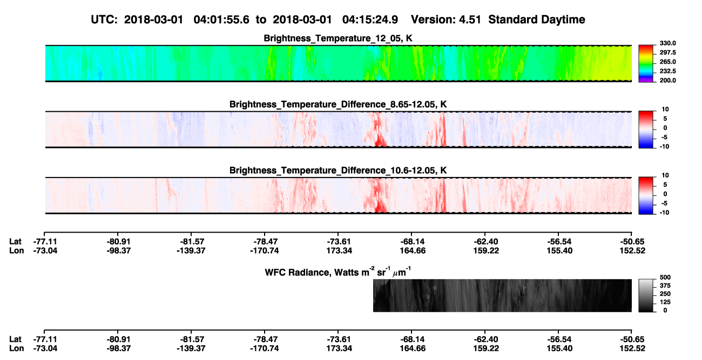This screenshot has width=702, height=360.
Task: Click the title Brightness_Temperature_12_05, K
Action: pyautogui.click(x=338, y=38)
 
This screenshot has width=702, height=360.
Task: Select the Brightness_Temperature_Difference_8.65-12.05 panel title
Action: pyautogui.click(x=338, y=104)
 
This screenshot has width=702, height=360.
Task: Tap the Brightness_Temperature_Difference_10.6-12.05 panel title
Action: pyautogui.click(x=338, y=171)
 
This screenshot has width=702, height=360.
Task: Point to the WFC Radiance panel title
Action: pyautogui.click(x=338, y=271)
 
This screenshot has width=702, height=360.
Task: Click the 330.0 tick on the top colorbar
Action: pyautogui.click(x=667, y=43)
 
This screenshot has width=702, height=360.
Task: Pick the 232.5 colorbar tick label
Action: pyautogui.click(x=667, y=71)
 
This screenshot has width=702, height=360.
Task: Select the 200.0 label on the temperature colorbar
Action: pyautogui.click(x=667, y=80)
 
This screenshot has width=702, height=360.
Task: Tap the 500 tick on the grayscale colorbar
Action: pyautogui.click(x=665, y=277)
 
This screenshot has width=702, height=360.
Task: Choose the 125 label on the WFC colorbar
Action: pyautogui.click(x=665, y=302)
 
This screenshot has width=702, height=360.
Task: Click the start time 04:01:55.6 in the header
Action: pyautogui.click(x=221, y=20)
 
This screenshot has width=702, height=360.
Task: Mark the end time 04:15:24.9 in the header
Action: pyautogui.click(x=370, y=20)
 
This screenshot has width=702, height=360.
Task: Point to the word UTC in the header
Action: pyautogui.click(x=101, y=20)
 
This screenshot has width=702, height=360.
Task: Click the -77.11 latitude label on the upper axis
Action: pyautogui.click(x=45, y=242)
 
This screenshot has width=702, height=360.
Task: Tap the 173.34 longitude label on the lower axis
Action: pyautogui.click(x=339, y=349)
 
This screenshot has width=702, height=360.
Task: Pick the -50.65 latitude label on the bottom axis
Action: pyautogui.click(x=632, y=339)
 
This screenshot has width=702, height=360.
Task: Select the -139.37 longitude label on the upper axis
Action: pyautogui.click(x=191, y=250)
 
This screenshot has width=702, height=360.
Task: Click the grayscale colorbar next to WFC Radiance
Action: pyautogui.click(x=646, y=295)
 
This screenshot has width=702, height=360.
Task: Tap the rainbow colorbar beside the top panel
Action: pyautogui.click(x=646, y=64)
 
